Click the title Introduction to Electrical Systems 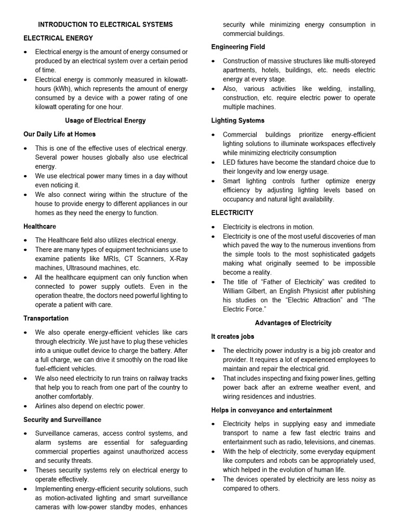(105, 24)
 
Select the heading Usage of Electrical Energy (105, 121)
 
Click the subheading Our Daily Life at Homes (59, 134)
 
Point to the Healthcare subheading (39, 227)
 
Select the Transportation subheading (46, 318)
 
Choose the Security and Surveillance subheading (62, 419)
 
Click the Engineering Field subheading (238, 47)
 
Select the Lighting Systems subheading (237, 121)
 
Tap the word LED (230, 162)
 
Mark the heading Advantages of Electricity (293, 323)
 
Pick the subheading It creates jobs (232, 337)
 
